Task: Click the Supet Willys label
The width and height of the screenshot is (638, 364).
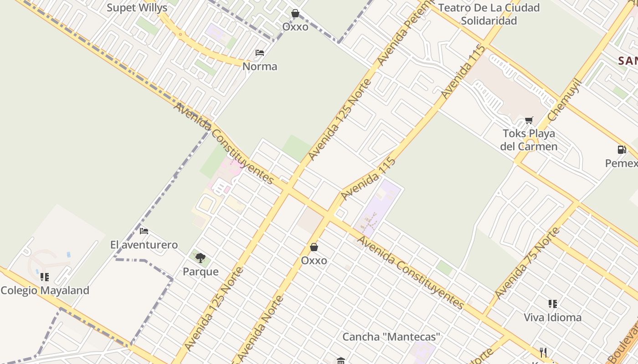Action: (x=137, y=8)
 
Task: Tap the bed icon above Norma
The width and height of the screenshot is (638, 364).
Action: (x=260, y=53)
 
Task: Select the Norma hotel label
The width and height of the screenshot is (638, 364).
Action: (x=260, y=66)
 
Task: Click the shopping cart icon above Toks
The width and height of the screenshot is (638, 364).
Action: (x=529, y=120)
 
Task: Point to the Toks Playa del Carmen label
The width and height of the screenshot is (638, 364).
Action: (x=529, y=140)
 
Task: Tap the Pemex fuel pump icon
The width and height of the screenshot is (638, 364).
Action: (x=622, y=149)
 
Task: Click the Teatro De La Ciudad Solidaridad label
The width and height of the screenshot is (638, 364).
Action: (x=489, y=14)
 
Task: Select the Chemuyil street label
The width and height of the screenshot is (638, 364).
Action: (x=565, y=100)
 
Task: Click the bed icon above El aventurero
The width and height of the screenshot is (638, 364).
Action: (x=144, y=231)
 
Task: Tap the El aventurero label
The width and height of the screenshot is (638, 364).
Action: (x=144, y=245)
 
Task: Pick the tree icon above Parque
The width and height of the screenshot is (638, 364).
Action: (x=201, y=258)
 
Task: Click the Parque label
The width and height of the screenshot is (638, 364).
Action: (x=201, y=272)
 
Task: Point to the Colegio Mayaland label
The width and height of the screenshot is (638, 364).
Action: (x=45, y=290)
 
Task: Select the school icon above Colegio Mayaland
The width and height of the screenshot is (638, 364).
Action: (x=45, y=277)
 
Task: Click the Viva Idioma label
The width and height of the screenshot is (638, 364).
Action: (x=552, y=317)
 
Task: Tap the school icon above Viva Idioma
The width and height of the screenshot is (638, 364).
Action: (x=553, y=303)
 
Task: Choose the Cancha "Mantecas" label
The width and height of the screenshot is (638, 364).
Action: (x=391, y=337)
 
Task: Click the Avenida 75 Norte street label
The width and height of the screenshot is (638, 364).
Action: (x=527, y=263)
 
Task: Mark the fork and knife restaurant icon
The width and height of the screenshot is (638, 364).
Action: (x=543, y=353)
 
